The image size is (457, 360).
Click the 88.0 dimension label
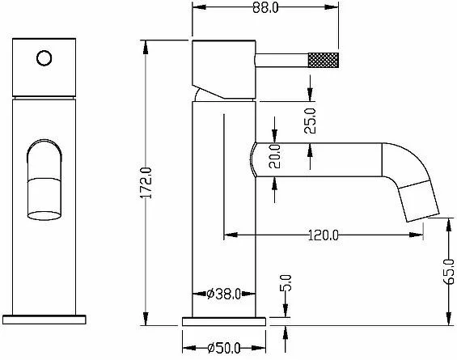265,8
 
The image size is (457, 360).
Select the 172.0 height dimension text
146,183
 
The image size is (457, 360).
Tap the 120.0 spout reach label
324,235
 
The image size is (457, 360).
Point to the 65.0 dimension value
449,271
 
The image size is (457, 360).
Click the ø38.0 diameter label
223,294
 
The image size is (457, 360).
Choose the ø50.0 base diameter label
224,348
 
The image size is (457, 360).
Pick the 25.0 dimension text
310,121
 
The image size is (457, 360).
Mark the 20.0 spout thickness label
274,156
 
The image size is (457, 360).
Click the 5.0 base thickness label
286,283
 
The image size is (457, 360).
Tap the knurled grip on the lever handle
324,60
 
